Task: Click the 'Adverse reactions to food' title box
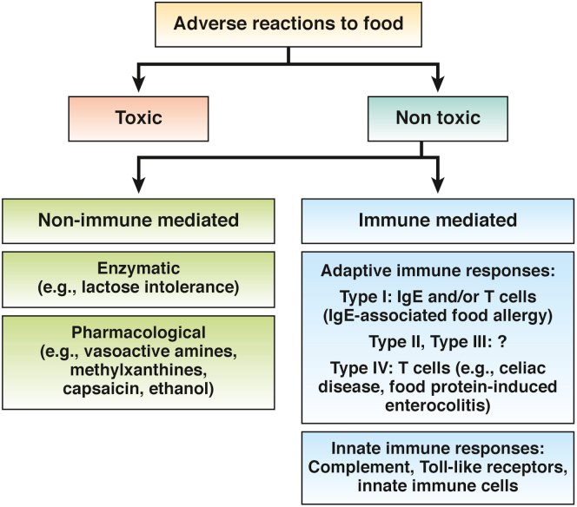point(289,23)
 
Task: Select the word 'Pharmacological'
point(140,332)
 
